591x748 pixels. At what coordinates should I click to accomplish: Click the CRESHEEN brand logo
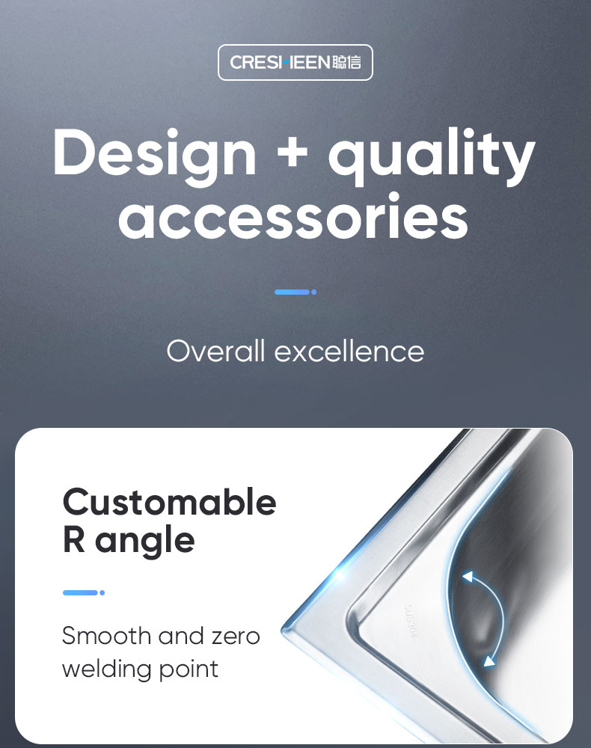[x=295, y=62]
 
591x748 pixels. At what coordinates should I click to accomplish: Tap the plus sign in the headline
[x=292, y=153]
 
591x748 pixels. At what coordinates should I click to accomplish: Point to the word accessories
[x=293, y=216]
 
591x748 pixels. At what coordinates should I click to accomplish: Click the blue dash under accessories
[x=295, y=292]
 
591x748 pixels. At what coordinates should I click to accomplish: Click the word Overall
[x=215, y=351]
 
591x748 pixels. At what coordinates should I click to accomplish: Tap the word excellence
[x=349, y=351]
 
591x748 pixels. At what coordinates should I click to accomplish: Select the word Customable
[x=169, y=503]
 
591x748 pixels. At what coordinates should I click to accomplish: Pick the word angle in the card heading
[x=145, y=542]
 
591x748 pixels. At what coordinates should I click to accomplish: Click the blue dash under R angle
[x=84, y=592]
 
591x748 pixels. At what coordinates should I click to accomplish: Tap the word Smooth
[x=106, y=635]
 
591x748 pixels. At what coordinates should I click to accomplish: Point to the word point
[x=189, y=670]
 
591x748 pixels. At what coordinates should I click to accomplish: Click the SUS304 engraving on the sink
[x=410, y=621]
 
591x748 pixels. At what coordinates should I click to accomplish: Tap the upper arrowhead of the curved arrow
[x=468, y=577]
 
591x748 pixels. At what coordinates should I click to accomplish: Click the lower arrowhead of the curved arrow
[x=489, y=661]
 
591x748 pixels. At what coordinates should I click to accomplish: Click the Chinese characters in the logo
[x=347, y=62]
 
